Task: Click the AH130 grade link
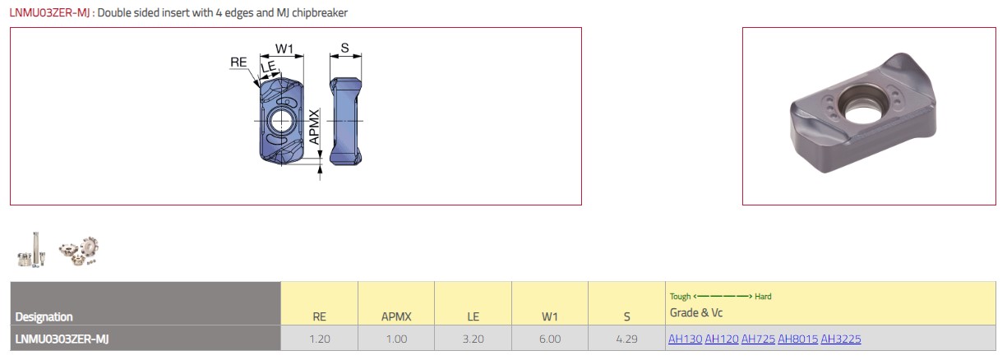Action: [685, 339]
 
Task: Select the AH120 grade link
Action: [722, 339]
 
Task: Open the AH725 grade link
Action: [758, 339]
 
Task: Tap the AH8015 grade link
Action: [797, 339]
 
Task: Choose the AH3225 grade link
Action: [841, 339]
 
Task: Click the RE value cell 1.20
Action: [320, 339]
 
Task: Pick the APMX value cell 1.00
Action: [396, 339]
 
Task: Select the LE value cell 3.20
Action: [473, 339]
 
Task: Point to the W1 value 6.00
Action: [550, 339]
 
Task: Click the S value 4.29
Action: [626, 339]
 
